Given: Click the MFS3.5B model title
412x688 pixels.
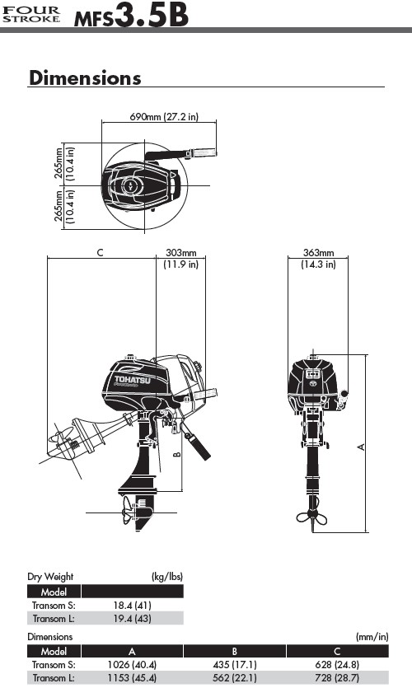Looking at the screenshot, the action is coord(131,16).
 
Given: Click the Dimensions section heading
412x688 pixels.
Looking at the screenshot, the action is coord(85,77).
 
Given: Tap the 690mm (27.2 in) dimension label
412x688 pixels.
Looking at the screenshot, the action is coord(164,117).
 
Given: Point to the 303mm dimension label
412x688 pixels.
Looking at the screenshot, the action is coord(180,253).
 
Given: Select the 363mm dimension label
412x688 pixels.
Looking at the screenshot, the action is coord(319,253).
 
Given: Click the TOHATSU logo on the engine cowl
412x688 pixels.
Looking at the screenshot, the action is coord(132,380).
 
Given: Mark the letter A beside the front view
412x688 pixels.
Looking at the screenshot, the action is coord(361,447).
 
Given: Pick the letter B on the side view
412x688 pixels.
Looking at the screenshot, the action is coord(177,454).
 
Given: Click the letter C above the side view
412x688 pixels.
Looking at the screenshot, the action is coord(100,253).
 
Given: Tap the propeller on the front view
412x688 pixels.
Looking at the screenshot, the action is coord(312,516).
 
